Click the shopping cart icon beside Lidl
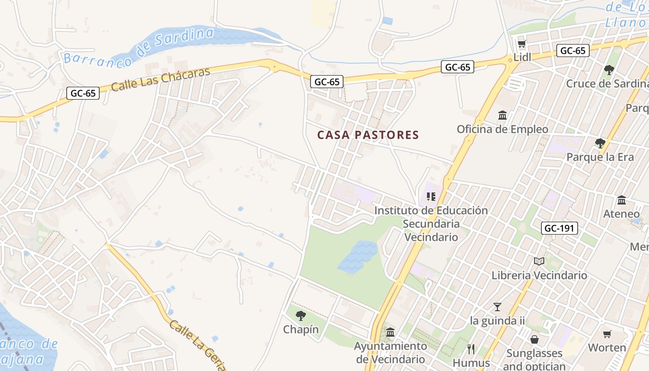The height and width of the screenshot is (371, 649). point(522,45)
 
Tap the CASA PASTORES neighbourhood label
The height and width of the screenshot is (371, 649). point(368,135)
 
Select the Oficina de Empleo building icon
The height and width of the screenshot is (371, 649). point(503,115)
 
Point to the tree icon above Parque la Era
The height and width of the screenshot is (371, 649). point(600,143)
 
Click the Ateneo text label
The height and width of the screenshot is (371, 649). point(621,214)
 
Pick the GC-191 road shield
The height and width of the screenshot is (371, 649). point(560,228)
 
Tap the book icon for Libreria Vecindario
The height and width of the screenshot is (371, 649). point(539,262)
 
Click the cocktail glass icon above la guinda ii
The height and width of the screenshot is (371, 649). point(497,307)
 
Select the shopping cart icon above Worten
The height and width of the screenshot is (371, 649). point(607,334)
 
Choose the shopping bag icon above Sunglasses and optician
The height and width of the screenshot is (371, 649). point(534,339)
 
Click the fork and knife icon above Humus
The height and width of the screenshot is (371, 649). point(471,349)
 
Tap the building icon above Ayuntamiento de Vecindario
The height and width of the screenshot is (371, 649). point(390,333)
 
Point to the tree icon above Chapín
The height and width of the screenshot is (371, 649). point(301,316)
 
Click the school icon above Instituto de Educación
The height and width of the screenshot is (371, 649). point(431,197)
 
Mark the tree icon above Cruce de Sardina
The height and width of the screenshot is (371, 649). point(609,70)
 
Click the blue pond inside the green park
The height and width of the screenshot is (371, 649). point(358,256)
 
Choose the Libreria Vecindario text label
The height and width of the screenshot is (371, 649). point(539,275)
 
